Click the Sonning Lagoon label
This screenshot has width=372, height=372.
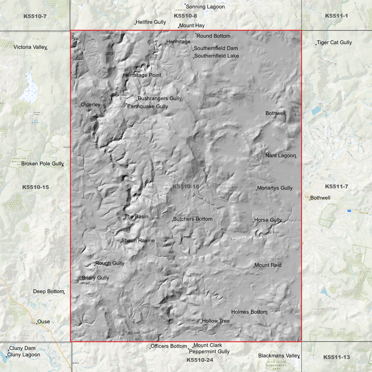tap(205, 7)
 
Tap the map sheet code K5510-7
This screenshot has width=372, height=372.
tap(35, 16)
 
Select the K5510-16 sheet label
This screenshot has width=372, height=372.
tap(186, 187)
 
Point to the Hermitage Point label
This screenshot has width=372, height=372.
tap(142, 75)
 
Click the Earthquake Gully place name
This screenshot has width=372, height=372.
tap(148, 107)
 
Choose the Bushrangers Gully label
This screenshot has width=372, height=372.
tap(160, 99)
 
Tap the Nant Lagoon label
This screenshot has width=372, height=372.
tap(281, 155)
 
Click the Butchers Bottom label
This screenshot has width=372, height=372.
tap(193, 219)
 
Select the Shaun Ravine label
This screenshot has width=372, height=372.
tap(138, 241)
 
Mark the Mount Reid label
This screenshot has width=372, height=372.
tap(268, 265)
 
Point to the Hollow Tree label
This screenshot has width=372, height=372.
tap(216, 321)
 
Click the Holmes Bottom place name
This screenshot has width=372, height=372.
tap(249, 312)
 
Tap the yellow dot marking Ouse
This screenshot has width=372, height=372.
tap(37, 324)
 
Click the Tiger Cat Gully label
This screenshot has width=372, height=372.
tap(334, 42)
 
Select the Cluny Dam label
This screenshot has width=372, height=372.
tap(22, 348)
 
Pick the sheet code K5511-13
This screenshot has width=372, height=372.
tap(336, 357)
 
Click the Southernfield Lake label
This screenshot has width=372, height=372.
tap(217, 56)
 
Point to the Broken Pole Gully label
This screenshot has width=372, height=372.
tap(42, 164)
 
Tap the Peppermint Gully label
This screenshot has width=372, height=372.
tap(209, 352)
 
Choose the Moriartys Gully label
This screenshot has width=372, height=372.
tap(275, 188)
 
